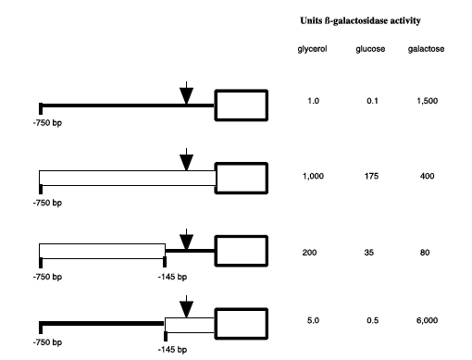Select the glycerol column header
312,48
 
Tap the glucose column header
370,48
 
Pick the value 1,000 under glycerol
313,176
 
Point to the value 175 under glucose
370,176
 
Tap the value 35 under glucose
370,252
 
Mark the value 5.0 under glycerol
312,320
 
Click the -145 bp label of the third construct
170,277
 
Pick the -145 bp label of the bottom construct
170,350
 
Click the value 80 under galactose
425,252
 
